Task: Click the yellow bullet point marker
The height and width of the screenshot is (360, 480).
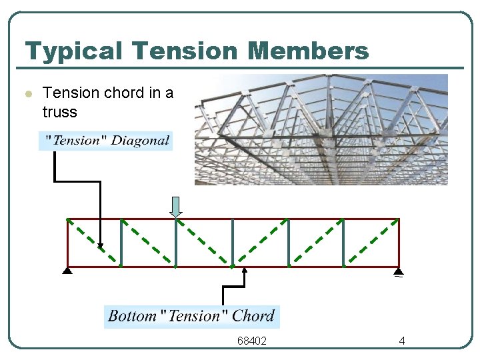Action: (x=28, y=94)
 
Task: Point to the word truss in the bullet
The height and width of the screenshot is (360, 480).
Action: (x=59, y=112)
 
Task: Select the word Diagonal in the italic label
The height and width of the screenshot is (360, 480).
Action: (x=140, y=141)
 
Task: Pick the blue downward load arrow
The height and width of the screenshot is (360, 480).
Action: (x=176, y=207)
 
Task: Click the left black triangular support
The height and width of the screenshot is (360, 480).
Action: (x=67, y=271)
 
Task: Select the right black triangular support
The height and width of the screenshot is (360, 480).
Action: (x=398, y=271)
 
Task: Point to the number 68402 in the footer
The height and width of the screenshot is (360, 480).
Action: (x=252, y=341)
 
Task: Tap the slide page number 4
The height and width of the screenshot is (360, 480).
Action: (x=402, y=341)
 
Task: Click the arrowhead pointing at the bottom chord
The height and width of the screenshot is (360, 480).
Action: (x=244, y=271)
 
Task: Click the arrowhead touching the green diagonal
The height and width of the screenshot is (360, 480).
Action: (x=101, y=246)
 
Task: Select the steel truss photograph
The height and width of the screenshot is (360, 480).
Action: (x=321, y=129)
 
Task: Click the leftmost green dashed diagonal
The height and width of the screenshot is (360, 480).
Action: (x=93, y=242)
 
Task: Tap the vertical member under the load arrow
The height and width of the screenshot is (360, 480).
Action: (x=176, y=243)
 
